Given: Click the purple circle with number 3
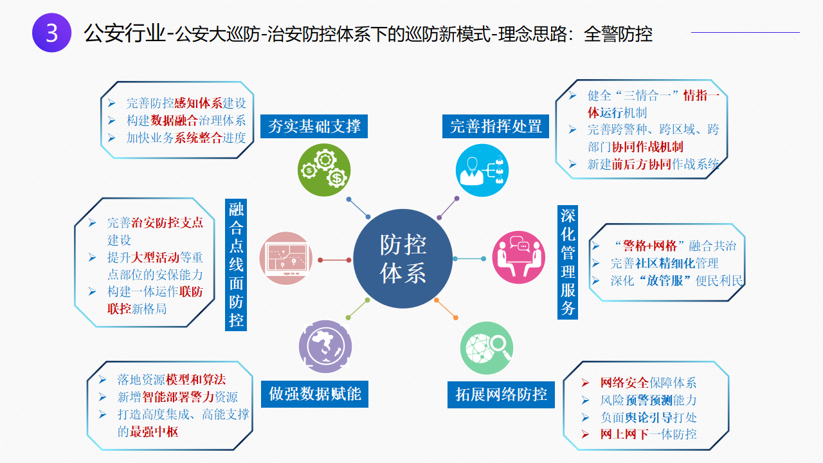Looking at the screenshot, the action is point(52,33).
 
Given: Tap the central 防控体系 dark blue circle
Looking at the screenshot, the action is point(402,259).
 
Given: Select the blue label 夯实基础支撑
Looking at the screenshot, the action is point(314,127).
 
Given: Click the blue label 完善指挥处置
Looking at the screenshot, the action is point(496,127).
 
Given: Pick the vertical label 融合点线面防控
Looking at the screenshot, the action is point(236,265).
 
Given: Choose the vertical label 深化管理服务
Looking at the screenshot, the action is point(568,262).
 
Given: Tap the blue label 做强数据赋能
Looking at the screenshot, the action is point(315,394).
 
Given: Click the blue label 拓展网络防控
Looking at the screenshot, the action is point(501,395).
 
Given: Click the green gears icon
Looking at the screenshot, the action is point(324,170).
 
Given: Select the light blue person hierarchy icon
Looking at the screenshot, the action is point(482,170).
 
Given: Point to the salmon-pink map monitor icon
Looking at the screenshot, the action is point(286,259).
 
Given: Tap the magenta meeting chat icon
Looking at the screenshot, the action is point(518,258).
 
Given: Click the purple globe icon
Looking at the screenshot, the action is point(325,347).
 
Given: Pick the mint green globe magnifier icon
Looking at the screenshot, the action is point(487,348).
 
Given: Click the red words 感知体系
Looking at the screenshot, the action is point(198,104).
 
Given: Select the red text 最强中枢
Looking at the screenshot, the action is point(154,431).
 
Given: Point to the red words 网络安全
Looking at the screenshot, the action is point(624,383).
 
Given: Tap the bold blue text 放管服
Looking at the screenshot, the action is point(664,281).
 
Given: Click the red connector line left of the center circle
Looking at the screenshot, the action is point(335,260).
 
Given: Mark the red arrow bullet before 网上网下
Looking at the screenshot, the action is point(585,435).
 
